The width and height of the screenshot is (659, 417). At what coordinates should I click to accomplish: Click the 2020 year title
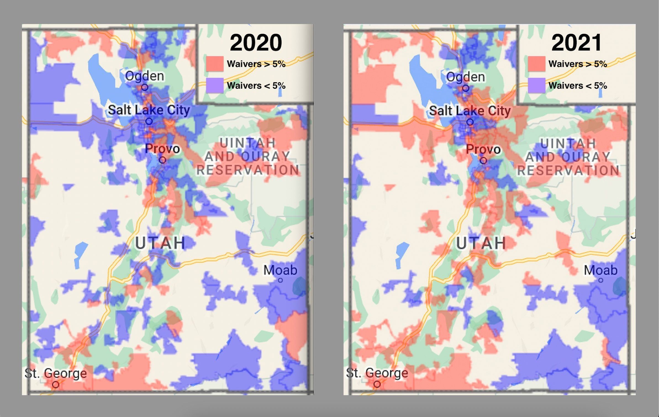[256, 43]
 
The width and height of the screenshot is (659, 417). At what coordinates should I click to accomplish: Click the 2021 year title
[576, 43]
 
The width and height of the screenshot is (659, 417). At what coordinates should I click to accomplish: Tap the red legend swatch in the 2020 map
[215, 64]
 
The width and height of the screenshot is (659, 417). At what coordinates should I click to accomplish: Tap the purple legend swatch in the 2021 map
[536, 85]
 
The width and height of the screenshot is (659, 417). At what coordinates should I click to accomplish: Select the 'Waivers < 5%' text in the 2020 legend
[256, 86]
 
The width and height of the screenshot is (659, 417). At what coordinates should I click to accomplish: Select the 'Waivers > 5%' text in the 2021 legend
[578, 64]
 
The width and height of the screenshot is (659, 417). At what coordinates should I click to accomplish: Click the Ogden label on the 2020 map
[144, 76]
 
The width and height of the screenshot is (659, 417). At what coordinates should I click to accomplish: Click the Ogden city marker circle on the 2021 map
[466, 88]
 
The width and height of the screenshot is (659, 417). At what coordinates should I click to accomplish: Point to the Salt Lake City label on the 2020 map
[149, 110]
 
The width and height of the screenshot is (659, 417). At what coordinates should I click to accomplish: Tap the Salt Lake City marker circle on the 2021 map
[470, 122]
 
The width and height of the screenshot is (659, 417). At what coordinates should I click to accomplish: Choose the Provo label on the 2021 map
[483, 149]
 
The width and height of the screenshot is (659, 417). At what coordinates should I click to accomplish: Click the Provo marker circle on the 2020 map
[163, 160]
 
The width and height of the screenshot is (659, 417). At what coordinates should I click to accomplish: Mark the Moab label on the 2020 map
[280, 270]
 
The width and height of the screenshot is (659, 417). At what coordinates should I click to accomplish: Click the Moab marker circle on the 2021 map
[601, 280]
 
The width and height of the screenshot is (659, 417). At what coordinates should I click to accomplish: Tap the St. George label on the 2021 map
[377, 373]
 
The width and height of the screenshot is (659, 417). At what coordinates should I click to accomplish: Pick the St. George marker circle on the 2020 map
[56, 384]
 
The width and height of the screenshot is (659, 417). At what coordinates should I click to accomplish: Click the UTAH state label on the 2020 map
[160, 243]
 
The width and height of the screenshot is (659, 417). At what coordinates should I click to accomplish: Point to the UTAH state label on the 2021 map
[481, 243]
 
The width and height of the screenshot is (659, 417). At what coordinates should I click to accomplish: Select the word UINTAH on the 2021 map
[568, 144]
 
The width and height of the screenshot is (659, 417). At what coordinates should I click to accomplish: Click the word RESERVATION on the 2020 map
[248, 170]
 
